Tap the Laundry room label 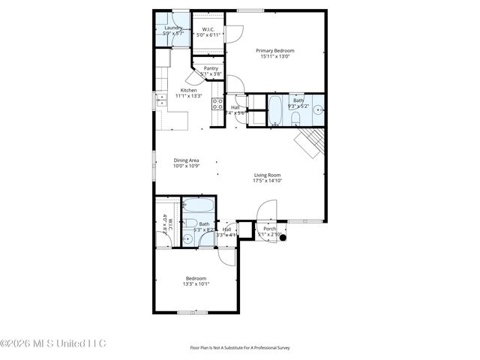(x=173, y=28)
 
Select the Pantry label (x=211, y=68)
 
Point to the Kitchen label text (x=188, y=90)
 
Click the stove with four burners (x=217, y=104)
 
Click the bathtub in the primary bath (x=274, y=109)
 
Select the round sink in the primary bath (x=318, y=109)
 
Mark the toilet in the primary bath (x=295, y=117)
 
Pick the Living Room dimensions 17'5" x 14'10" (x=267, y=181)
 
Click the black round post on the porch (x=283, y=238)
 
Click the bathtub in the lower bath (x=199, y=205)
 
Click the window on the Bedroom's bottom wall (x=193, y=312)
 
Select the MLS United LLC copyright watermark (x=53, y=343)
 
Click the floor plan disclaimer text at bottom (x=240, y=348)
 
